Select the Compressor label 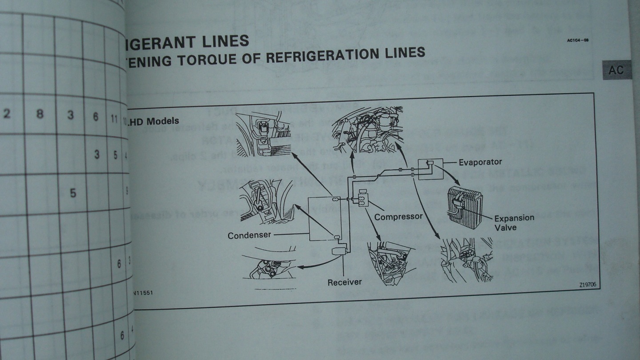[x=398, y=217]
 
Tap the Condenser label [x=249, y=235]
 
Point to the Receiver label [x=344, y=282]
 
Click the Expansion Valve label [x=514, y=222]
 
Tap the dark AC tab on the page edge [x=616, y=70]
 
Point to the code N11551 [x=145, y=294]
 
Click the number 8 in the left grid [x=40, y=114]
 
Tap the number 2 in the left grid [x=7, y=113]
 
